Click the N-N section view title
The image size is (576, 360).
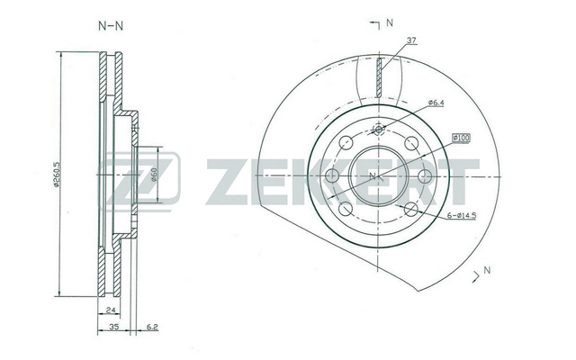tap(111, 26)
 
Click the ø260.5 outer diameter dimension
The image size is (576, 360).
tap(56, 175)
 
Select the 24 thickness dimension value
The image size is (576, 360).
tap(111, 310)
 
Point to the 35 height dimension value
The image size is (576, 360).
tap(114, 327)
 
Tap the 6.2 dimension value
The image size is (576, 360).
tap(152, 327)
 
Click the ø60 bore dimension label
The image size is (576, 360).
tap(154, 175)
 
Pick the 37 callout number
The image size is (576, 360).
tap(412, 40)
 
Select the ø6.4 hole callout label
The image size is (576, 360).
tap(436, 103)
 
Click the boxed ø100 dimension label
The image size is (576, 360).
tap(462, 138)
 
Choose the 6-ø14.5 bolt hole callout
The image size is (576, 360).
tap(462, 216)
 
